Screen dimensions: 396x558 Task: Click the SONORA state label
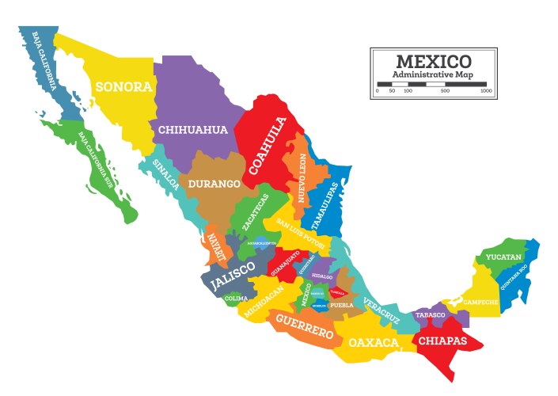point(123,86)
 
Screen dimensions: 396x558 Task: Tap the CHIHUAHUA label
point(193,130)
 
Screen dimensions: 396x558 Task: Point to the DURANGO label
point(214,184)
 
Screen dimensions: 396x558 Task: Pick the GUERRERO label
point(305,327)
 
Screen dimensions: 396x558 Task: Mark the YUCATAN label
point(504,258)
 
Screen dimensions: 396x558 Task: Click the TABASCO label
point(431,314)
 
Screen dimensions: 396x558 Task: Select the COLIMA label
point(236,299)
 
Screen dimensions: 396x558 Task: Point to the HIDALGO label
point(322,276)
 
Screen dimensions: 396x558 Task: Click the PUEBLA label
point(341,304)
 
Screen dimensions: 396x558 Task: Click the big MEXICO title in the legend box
point(433,61)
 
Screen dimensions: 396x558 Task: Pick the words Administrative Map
point(433,74)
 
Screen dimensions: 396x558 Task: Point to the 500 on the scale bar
point(445,91)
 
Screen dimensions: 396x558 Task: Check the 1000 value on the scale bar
point(486,91)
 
